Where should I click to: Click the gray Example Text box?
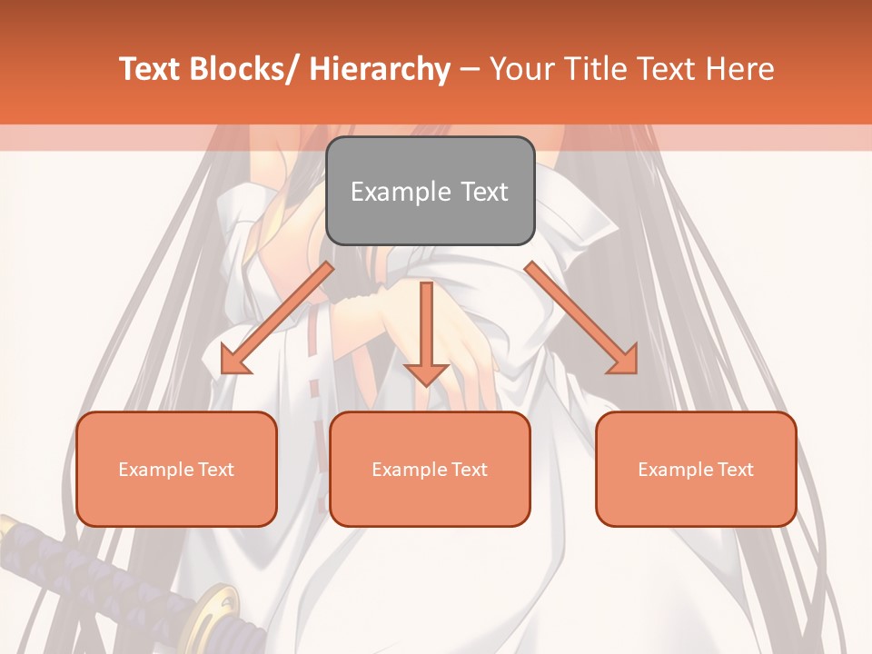coord(430,191)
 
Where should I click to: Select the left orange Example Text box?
coord(176,469)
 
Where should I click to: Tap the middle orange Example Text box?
coord(430,469)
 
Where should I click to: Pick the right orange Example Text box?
coord(696,469)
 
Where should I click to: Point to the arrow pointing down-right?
coord(581,318)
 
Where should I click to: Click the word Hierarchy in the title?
coord(380,69)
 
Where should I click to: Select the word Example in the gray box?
coord(401,192)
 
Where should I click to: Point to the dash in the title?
coord(470,69)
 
